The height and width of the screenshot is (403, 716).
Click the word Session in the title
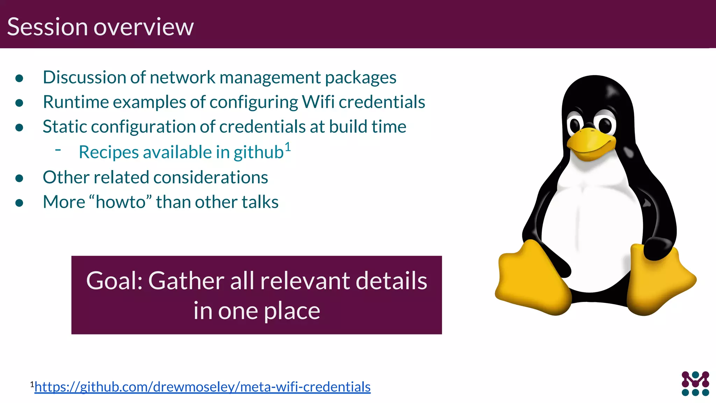point(48,27)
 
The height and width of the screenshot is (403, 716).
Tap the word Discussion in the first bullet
point(84,77)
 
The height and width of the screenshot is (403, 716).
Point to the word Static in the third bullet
point(64,127)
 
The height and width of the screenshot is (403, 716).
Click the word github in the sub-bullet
point(258,153)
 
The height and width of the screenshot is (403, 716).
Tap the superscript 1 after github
point(287,146)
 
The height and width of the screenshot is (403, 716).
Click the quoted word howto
point(121,202)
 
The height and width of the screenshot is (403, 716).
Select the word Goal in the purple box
point(113,281)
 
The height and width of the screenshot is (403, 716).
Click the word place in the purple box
point(292,311)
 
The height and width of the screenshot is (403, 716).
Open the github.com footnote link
point(202,387)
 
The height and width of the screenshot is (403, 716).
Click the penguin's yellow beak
point(591,143)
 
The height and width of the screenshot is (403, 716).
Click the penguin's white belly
point(591,227)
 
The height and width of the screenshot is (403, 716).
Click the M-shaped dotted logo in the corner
point(695,383)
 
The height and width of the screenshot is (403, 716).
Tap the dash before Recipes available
point(58,150)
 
